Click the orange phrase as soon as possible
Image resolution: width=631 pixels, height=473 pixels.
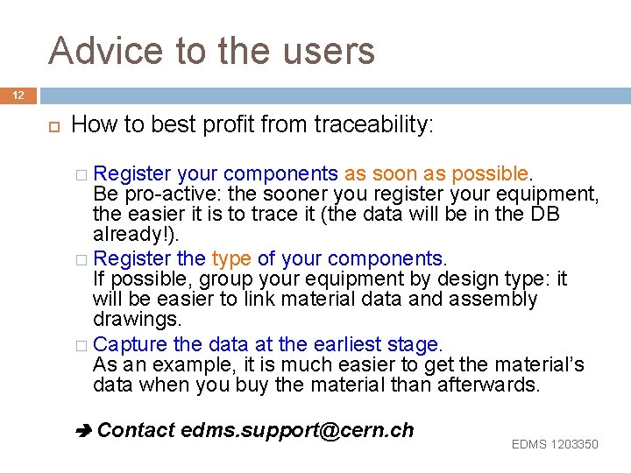click(438, 173)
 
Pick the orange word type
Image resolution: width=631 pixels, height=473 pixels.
click(231, 258)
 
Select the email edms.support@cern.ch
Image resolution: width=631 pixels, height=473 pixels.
click(297, 430)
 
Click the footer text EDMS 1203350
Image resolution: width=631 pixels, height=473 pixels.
click(555, 444)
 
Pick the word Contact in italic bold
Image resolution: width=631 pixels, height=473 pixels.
click(136, 430)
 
